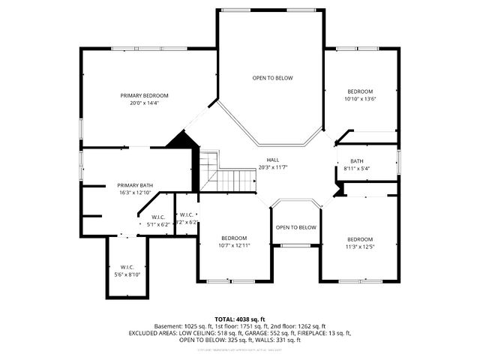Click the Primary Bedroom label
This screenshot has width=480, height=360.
144,95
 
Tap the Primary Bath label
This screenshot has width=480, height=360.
135,185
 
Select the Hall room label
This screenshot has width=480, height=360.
273,160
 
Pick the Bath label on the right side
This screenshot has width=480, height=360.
356,161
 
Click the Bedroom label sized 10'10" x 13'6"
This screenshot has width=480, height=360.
360,91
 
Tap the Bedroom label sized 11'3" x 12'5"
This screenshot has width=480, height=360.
360,239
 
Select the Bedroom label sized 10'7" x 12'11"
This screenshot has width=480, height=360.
234,238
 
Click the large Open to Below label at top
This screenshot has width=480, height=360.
272,78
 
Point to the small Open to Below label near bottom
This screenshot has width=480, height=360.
295,227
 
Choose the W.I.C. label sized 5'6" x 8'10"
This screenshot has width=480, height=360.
127,267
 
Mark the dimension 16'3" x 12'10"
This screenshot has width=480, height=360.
135,193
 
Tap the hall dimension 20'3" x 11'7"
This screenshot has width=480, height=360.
273,167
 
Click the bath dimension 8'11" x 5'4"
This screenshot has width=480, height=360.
356,168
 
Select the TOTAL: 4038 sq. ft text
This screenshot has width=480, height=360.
240,319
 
